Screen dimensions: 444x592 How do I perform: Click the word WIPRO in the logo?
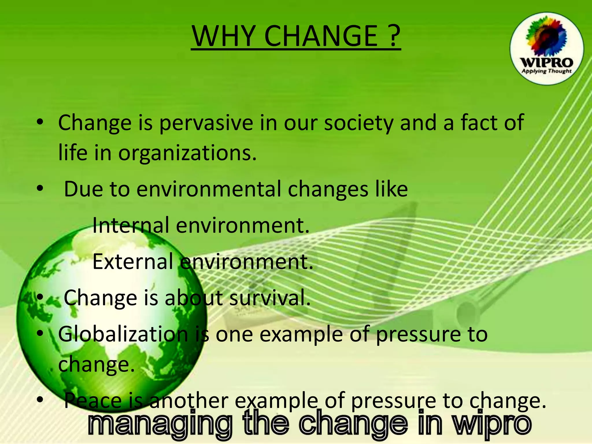pos(546,63)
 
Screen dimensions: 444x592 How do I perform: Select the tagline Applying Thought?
pos(546,71)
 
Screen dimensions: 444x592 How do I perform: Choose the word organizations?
pos(187,153)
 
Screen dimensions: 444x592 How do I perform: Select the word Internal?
pos(131,225)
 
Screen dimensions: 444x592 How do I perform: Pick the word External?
pos(133,262)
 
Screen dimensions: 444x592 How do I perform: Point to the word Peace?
pos(93,400)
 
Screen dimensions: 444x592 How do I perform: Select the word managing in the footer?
pos(160,425)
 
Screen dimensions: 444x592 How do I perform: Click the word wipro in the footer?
pos(492,425)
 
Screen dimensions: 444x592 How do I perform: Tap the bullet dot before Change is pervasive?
pos(40,123)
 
